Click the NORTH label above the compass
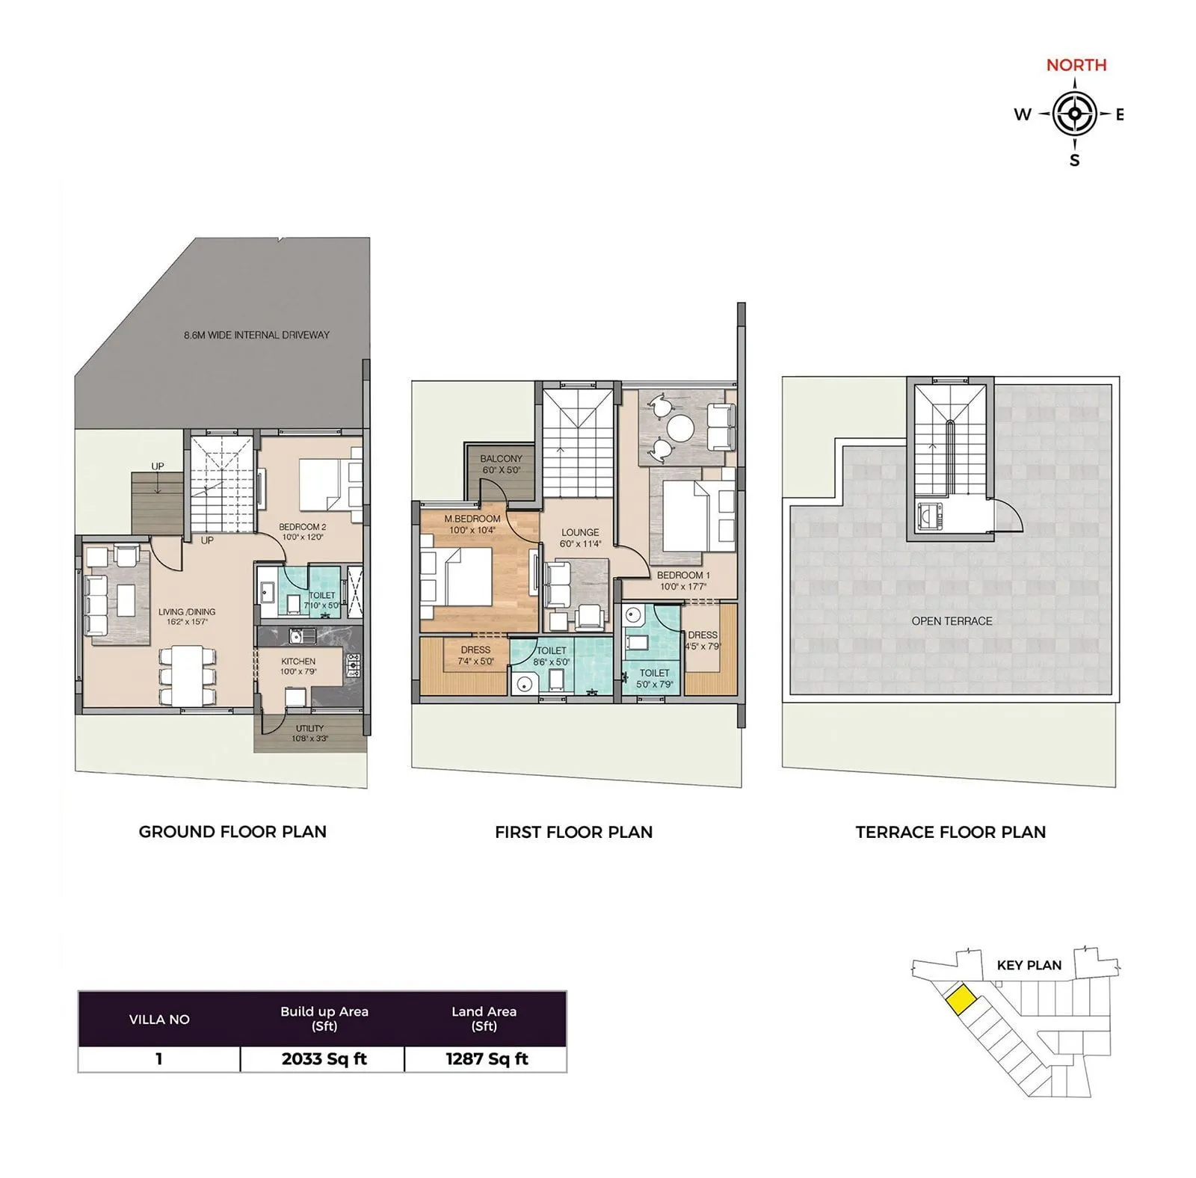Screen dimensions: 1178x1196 1076,65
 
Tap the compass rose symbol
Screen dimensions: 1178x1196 1074,114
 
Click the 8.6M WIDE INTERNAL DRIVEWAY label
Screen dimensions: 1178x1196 256,335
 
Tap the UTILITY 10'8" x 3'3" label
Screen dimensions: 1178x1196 309,733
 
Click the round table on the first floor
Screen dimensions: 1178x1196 681,430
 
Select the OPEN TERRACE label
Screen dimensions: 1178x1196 952,621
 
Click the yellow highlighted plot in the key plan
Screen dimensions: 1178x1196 959,999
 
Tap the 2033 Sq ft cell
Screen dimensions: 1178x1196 324,1059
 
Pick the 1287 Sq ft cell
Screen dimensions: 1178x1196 487,1059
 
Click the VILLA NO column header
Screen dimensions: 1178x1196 159,1020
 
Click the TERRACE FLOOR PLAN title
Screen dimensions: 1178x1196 950,832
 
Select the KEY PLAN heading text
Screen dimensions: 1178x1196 1029,965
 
